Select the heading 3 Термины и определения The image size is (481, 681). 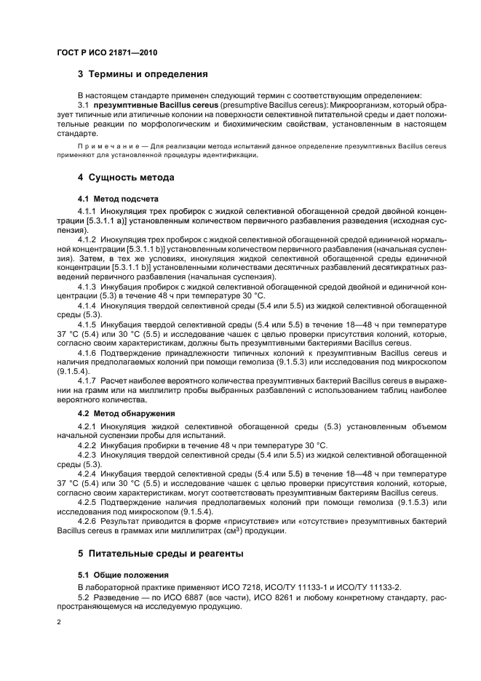pos(143,73)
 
